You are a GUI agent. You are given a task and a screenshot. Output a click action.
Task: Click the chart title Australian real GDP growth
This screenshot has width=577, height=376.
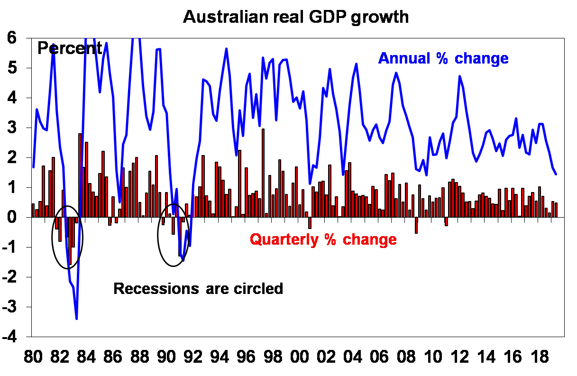pos(295,17)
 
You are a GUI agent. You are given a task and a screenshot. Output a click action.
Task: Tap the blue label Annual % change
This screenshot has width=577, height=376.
pos(443,58)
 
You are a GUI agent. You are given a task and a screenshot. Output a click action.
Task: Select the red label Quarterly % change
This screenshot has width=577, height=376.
pos(323,239)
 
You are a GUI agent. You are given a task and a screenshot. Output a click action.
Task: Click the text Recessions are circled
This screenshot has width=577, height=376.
pos(198,288)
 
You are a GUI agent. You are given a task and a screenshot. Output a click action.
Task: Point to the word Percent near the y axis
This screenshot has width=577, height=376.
pos(70,48)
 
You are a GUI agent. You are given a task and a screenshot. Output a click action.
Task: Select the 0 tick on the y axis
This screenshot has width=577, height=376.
pos(17,218)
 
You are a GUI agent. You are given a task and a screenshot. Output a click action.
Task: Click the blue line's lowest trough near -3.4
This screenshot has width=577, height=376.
pos(76,319)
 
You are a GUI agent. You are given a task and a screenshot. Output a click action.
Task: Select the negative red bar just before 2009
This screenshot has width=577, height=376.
pos(416,225)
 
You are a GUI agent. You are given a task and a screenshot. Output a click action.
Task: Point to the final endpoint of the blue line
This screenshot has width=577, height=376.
pos(556,174)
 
